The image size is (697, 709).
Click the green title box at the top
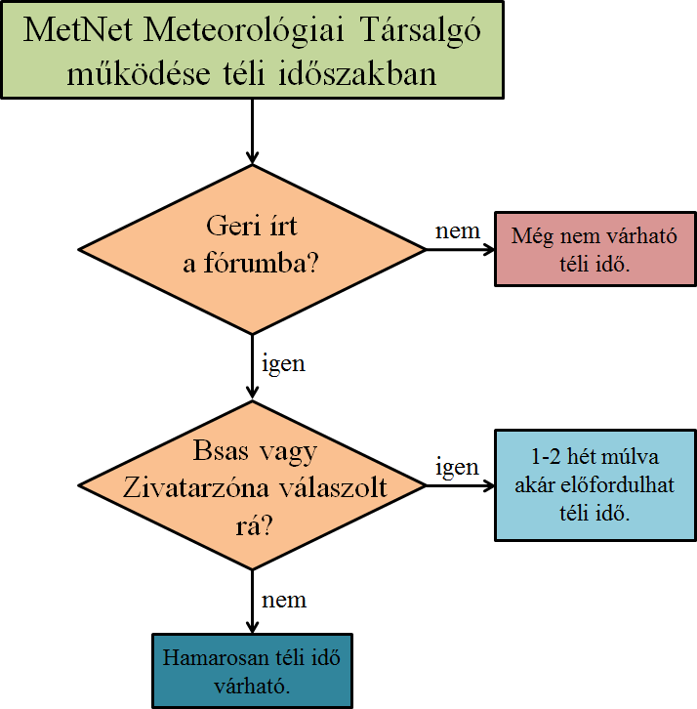252,50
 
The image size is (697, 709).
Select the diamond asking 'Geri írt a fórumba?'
252,248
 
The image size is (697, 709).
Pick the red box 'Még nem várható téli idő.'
594,250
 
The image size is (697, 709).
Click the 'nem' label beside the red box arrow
457,230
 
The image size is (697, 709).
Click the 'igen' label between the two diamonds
283,364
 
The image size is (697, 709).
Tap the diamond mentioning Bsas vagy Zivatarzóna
252,485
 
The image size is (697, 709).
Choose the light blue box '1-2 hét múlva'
594,485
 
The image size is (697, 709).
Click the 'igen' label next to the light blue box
457,467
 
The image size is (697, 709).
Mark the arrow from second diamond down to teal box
252,602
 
